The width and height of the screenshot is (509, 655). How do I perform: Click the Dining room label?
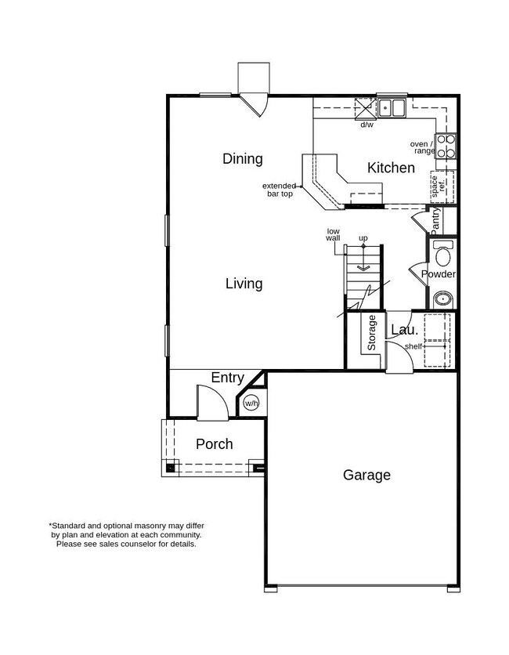coord(242,159)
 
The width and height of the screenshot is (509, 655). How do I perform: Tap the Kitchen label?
coord(391,168)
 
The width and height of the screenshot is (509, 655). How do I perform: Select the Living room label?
coord(244,284)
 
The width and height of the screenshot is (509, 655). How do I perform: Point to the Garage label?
coord(366,475)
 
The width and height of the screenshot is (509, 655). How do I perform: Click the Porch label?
coord(214,444)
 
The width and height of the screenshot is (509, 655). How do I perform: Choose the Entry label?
coord(227,378)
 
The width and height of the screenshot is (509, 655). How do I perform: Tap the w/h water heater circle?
coord(251,403)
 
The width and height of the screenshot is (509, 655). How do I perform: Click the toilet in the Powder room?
coord(443,255)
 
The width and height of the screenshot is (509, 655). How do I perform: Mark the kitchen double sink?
coord(392,107)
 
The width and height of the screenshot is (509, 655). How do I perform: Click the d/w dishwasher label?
coord(366,125)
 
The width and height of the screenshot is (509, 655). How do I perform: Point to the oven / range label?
coord(422,147)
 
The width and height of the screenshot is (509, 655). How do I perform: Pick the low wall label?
coord(334,235)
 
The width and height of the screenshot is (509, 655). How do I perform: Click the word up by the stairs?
coord(363,238)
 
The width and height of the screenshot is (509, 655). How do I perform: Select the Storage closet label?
coord(373,332)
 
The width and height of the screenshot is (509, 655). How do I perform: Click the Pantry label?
coord(436,220)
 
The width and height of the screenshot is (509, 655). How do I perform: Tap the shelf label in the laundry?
coord(413,346)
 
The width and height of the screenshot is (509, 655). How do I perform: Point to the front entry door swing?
coord(211,403)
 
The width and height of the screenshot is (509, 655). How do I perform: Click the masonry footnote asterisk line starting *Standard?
coord(127,526)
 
